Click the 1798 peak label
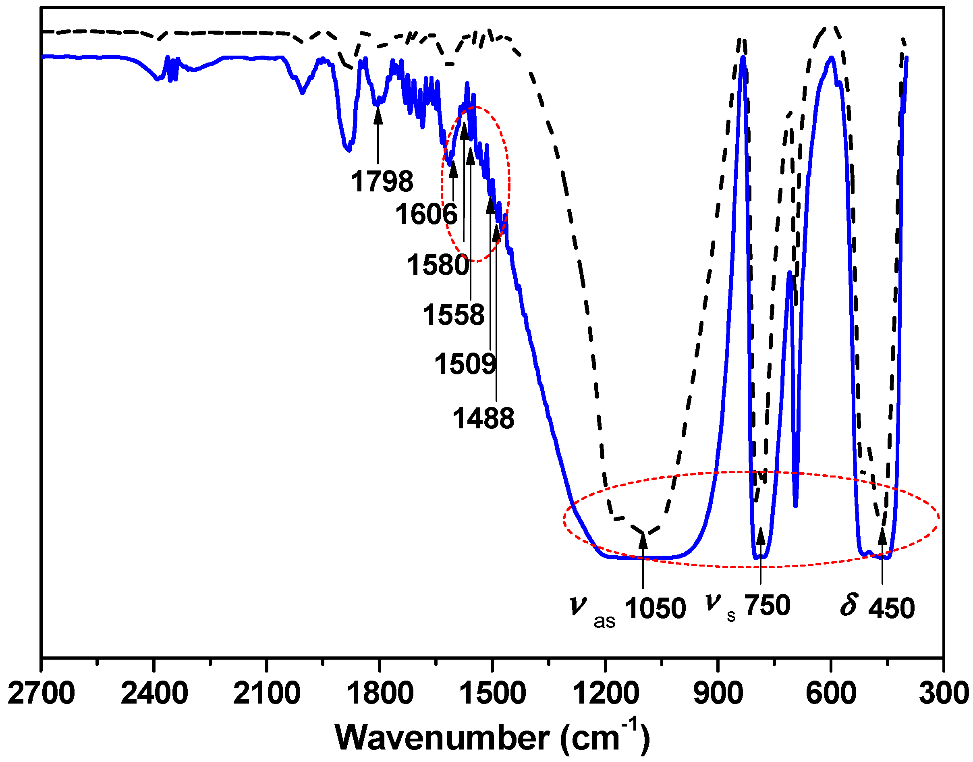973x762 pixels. click(x=382, y=182)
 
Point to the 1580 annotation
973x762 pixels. click(x=438, y=265)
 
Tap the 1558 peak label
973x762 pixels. click(x=453, y=315)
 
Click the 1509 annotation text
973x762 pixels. click(x=465, y=363)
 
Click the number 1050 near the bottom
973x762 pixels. click(x=655, y=608)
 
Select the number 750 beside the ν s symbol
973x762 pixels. click(x=768, y=605)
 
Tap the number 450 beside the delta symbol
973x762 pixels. click(x=891, y=608)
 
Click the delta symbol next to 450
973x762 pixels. click(x=849, y=605)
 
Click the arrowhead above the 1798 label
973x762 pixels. click(x=378, y=115)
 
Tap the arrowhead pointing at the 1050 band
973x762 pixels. click(x=643, y=540)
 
